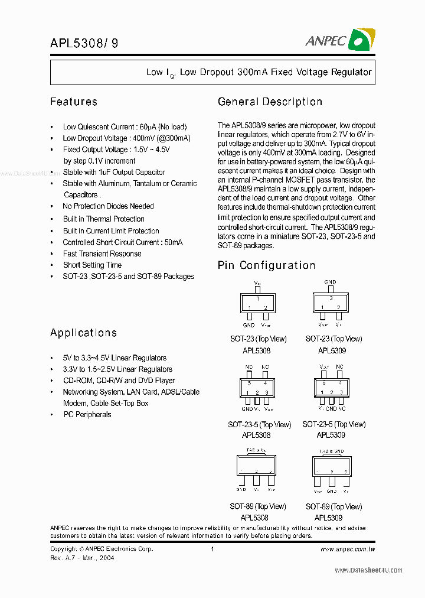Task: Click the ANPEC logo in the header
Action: click(340, 40)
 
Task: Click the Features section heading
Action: click(74, 102)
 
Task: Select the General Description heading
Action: click(270, 102)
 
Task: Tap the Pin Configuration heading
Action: click(266, 265)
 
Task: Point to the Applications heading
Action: click(83, 333)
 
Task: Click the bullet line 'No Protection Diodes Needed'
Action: click(108, 206)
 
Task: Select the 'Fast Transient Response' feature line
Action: click(102, 253)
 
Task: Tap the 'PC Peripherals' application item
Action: click(87, 414)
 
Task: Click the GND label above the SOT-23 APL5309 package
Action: click(330, 282)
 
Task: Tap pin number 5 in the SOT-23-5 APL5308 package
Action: click(249, 383)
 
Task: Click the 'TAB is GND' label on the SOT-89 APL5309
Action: click(332, 451)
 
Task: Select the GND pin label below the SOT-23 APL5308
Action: click(249, 325)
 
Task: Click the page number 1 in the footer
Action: click(212, 549)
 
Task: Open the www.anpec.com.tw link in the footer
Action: click(347, 549)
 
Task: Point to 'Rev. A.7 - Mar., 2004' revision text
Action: click(82, 558)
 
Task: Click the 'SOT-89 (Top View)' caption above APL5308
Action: click(257, 506)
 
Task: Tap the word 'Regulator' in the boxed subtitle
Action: click(349, 72)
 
